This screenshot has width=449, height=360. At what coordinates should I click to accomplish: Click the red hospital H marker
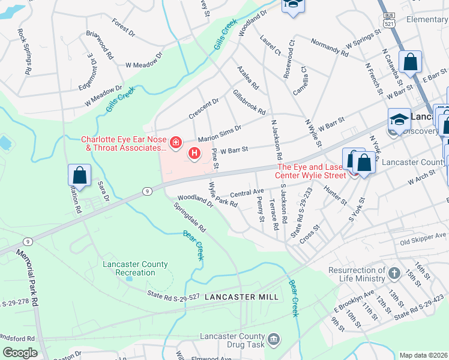(x=194, y=154)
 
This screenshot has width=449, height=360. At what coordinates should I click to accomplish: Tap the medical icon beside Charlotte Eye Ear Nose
(x=176, y=142)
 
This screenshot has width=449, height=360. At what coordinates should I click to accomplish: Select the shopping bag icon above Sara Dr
(x=79, y=176)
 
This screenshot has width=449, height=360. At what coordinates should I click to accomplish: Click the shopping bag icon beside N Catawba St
(x=411, y=62)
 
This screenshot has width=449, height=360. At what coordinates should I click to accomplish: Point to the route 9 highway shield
(x=146, y=191)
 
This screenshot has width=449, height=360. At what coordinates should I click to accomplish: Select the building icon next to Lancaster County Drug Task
(x=274, y=340)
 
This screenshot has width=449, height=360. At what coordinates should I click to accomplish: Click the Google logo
(x=20, y=353)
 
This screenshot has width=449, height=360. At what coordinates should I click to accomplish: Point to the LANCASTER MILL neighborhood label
(x=241, y=298)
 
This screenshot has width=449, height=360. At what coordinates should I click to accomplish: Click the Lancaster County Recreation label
(x=128, y=268)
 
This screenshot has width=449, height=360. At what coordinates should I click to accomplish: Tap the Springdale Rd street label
(x=190, y=220)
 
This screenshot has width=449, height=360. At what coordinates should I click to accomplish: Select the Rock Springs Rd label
(x=25, y=52)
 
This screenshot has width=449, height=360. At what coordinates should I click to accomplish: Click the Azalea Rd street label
(x=247, y=77)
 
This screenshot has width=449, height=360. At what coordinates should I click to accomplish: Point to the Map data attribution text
(x=423, y=355)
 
